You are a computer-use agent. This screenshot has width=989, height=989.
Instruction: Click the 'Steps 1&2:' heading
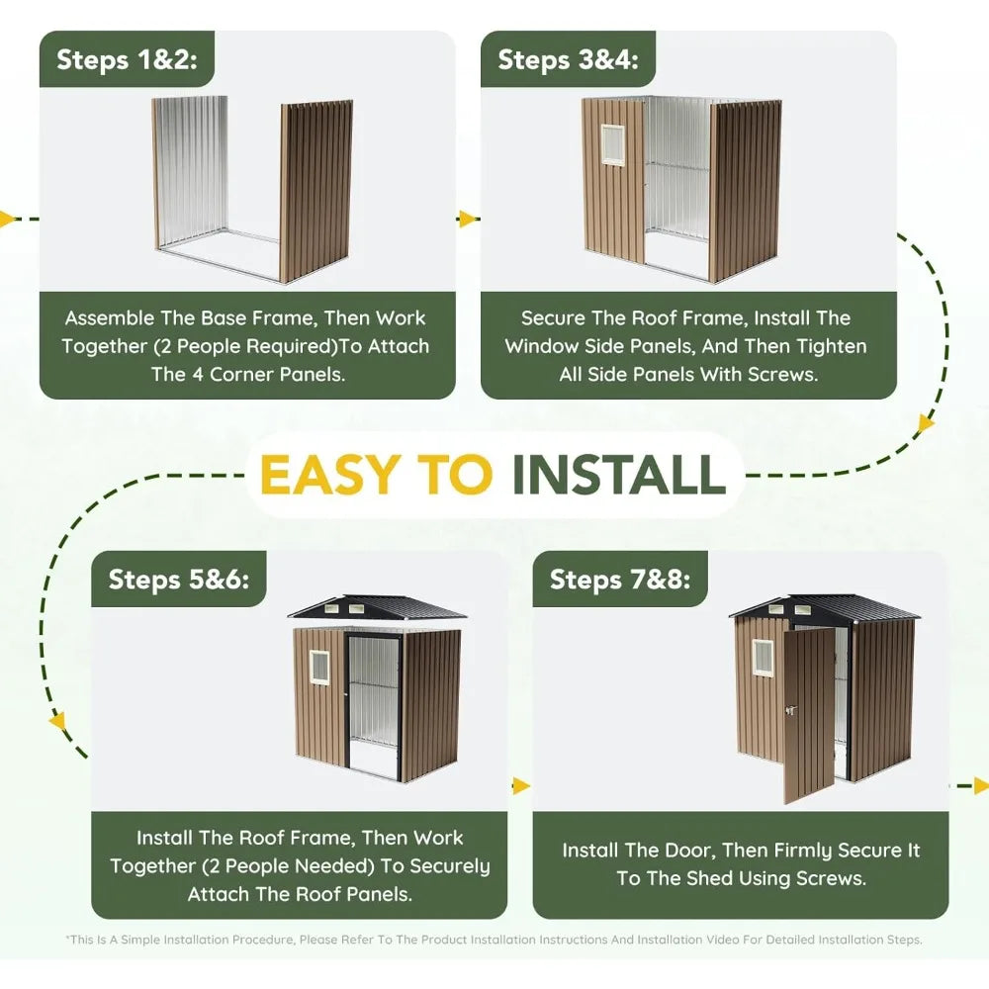click(127, 60)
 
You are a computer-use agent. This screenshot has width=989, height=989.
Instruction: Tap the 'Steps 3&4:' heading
click(568, 60)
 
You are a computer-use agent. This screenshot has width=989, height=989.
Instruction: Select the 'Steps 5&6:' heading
click(178, 580)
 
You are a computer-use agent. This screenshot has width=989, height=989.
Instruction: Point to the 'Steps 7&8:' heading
click(620, 580)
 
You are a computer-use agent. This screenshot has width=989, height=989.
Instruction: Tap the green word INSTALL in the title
click(618, 475)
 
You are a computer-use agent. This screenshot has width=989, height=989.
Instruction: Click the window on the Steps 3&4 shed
click(612, 145)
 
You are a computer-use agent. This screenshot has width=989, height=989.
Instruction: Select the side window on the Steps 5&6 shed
click(319, 668)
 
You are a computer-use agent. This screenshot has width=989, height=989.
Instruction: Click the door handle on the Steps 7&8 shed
click(790, 711)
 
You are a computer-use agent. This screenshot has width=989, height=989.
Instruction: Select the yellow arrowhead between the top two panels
click(467, 219)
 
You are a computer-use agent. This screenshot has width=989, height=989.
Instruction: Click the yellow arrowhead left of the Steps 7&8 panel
click(520, 786)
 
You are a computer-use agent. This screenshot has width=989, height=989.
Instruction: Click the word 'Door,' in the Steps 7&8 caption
click(690, 851)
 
